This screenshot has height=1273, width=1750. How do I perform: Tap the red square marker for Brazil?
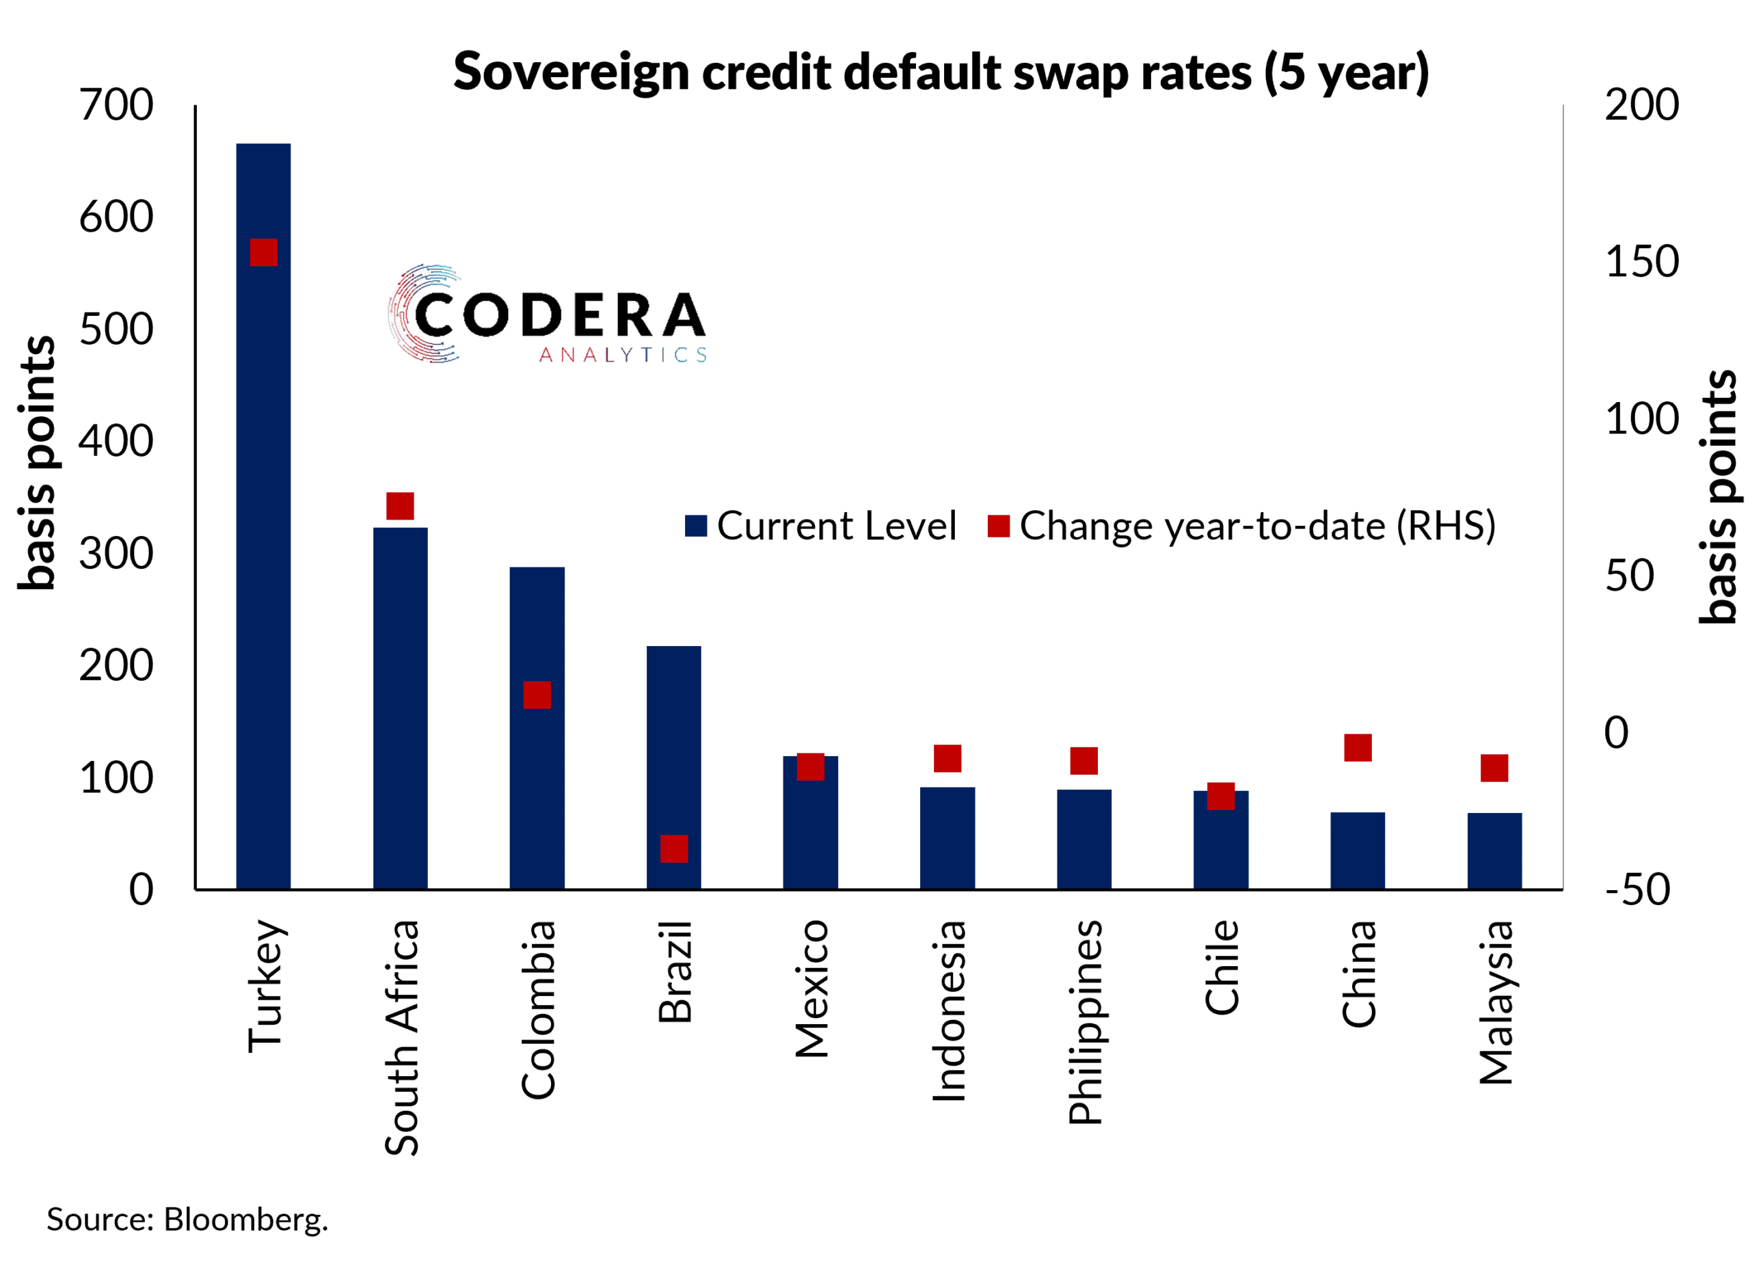point(673,848)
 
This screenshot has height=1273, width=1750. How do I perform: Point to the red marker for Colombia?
point(537,695)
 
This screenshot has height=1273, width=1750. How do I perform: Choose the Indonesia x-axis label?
point(948,1010)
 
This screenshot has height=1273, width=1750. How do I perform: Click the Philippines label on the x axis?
point(1085,1021)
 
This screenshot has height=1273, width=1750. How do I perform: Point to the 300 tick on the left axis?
point(116,554)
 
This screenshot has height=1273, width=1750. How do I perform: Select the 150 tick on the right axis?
point(1641,262)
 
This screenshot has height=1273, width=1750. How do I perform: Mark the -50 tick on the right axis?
point(1637,889)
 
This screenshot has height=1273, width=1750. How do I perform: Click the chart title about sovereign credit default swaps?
point(941,72)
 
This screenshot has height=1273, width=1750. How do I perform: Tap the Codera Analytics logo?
point(547,314)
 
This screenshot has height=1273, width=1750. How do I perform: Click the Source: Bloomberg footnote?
point(187,1219)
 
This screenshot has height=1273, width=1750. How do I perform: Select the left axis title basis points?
point(37,463)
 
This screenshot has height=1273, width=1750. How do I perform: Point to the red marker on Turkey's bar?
point(263,252)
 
